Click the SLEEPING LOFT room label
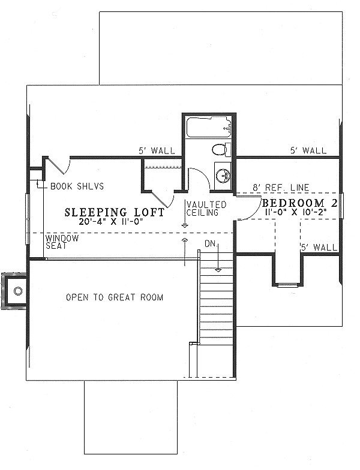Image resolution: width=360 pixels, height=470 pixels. coord(115,212)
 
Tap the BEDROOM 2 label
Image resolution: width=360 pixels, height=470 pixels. coord(300,203)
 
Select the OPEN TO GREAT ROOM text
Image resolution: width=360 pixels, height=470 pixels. coord(115,297)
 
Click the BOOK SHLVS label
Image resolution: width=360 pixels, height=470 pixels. coord(77,186)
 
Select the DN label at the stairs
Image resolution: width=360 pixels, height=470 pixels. coord(210,244)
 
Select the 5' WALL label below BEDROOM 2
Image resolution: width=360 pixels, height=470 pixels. coord(318,247)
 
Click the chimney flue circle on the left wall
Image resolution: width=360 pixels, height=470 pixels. coord(18,292)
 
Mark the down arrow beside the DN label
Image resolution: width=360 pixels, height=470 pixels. coord(220,257)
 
